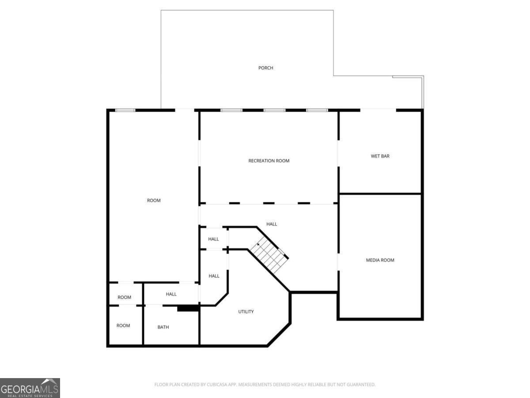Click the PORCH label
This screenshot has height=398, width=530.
pyautogui.click(x=265, y=68)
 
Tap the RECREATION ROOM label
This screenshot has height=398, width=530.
pyautogui.click(x=269, y=161)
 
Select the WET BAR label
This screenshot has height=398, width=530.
pyautogui.click(x=380, y=156)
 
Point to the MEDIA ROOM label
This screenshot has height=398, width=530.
pyautogui.click(x=380, y=260)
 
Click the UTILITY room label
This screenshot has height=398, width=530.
pyautogui.click(x=246, y=311)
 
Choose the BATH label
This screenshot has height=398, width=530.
pyautogui.click(x=163, y=327)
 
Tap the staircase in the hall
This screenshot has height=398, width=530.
pyautogui.click(x=269, y=254)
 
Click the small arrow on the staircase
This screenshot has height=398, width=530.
pyautogui.click(x=258, y=245)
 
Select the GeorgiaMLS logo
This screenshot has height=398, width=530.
pyautogui.click(x=30, y=388)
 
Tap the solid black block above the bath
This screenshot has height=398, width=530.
pyautogui.click(x=188, y=308)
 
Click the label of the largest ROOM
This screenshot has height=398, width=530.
pyautogui.click(x=154, y=200)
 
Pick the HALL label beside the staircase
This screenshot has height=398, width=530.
pyautogui.click(x=272, y=224)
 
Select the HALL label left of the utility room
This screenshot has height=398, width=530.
pyautogui.click(x=214, y=276)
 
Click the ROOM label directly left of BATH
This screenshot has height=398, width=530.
pyautogui.click(x=123, y=325)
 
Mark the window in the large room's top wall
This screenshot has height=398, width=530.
pyautogui.click(x=125, y=110)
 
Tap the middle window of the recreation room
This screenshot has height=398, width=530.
pyautogui.click(x=274, y=110)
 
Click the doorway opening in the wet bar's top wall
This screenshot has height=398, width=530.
pyautogui.click(x=378, y=110)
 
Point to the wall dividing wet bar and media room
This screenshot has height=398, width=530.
pyautogui.click(x=380, y=194)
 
